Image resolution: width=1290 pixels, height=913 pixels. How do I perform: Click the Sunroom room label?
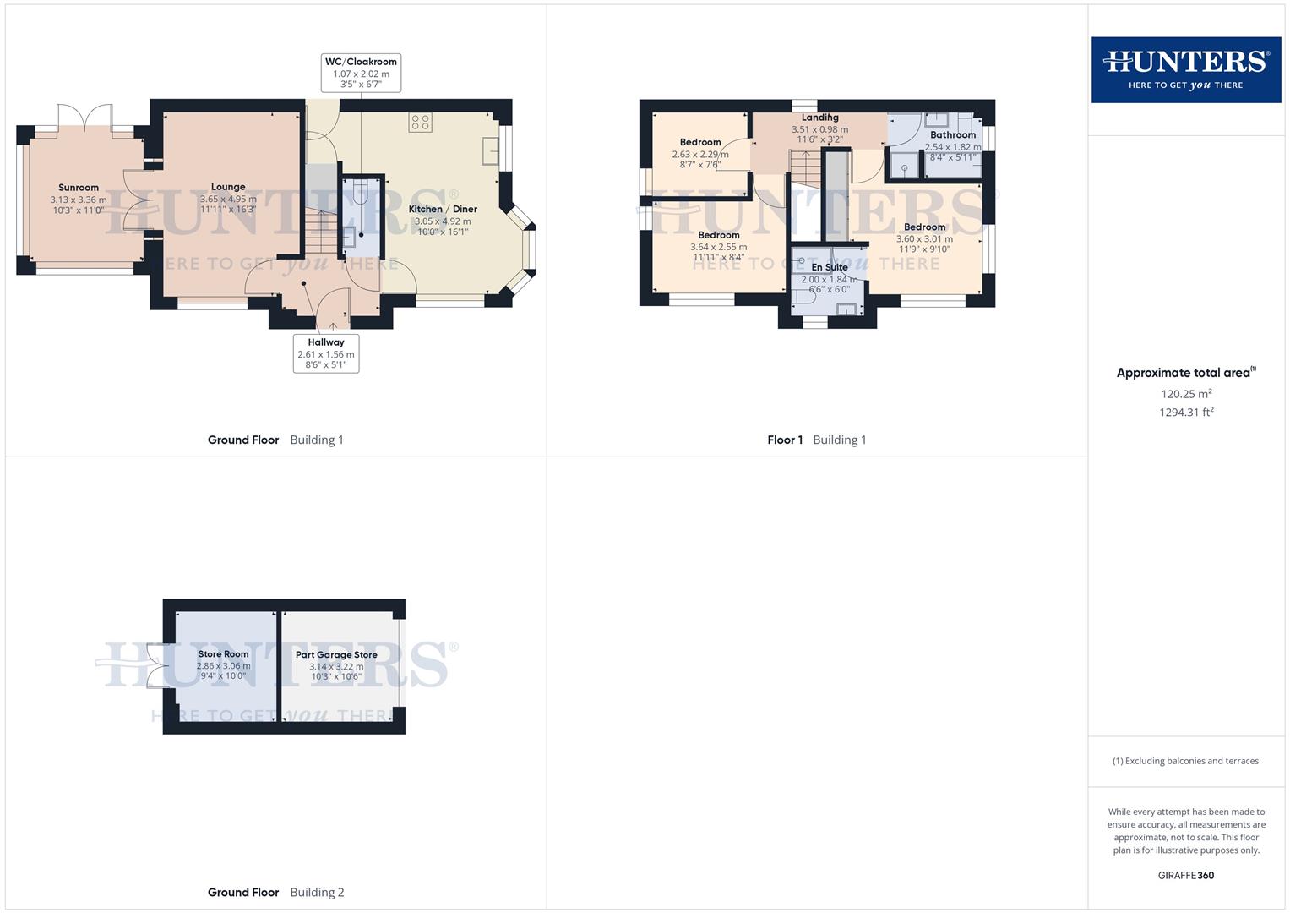79,188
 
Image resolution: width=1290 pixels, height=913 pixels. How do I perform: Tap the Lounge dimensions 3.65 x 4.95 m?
228,199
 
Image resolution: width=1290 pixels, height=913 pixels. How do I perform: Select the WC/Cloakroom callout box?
361,73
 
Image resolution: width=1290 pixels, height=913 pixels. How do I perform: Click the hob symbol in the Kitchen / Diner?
420,122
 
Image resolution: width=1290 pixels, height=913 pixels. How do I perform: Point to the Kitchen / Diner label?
443,209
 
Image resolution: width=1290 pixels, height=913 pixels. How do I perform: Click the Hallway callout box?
326,353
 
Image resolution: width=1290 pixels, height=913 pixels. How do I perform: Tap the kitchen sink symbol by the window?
490,150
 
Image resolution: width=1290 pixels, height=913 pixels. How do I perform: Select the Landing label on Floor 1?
819,118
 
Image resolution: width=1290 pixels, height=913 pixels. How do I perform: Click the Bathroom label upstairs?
952,134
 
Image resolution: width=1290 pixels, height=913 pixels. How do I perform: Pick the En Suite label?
829,267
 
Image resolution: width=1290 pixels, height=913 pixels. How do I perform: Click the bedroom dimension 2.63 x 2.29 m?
699,155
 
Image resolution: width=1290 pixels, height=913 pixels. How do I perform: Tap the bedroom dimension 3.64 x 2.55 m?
718,247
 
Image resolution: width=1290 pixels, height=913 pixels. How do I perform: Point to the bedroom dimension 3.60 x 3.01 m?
924,238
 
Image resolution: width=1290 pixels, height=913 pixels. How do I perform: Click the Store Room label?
223,653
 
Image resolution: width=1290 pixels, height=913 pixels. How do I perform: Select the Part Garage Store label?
336,654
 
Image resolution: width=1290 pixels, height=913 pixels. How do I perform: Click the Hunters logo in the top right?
1185,69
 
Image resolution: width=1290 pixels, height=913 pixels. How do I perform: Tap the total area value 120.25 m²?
1186,394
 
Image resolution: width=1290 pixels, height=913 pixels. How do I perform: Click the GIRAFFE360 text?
1185,875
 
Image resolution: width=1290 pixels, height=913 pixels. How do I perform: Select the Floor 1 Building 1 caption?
816,440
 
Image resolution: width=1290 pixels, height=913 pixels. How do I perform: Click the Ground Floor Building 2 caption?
275,892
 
